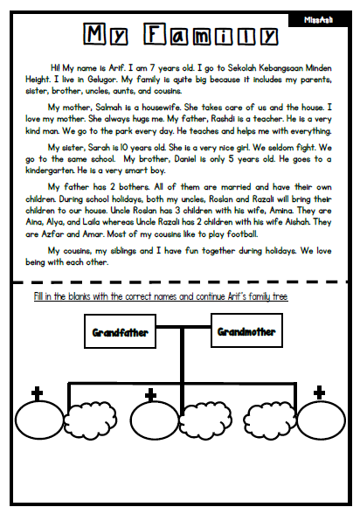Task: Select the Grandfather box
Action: [x=125, y=332]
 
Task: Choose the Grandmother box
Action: [x=246, y=332]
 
